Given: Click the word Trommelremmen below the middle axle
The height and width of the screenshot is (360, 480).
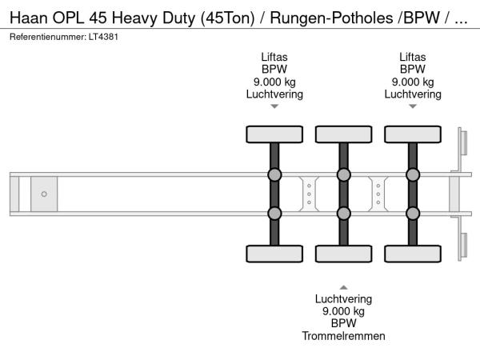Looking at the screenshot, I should click(343, 336).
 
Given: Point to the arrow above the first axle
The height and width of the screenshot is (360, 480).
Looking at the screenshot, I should click(274, 106).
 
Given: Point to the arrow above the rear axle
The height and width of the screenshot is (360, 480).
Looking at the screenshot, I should click(413, 106).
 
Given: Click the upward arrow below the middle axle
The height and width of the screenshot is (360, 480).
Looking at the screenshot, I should click(343, 286).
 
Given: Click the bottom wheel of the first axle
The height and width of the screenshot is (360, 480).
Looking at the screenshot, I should click(274, 254).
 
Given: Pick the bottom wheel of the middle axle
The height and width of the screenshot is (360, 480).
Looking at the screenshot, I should click(343, 254).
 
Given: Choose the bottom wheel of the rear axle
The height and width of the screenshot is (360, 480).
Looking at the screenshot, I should click(413, 254).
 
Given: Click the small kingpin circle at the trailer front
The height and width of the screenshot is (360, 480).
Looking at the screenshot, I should click(44, 194).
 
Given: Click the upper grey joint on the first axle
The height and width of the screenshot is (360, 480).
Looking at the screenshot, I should click(274, 175).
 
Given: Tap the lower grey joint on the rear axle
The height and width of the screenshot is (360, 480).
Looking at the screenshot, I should click(413, 213).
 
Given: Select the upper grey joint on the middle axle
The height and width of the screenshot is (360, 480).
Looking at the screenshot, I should click(343, 175).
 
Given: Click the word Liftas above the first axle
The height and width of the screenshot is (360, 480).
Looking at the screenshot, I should click(274, 56).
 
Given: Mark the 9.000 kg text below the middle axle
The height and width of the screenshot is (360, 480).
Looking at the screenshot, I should click(343, 310).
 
